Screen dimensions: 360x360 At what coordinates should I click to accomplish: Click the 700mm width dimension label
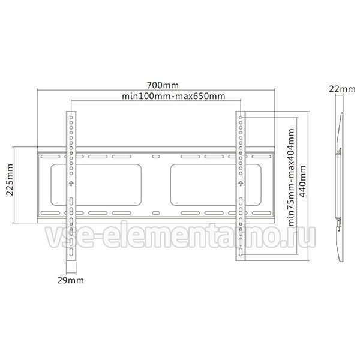163,85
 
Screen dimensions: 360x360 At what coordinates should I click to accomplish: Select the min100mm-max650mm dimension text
173,96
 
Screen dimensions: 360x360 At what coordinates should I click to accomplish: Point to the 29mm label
70,280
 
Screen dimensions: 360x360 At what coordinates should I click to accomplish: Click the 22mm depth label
343,89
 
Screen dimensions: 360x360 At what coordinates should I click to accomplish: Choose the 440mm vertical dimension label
302,181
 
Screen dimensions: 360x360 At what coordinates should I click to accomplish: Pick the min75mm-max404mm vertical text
291,177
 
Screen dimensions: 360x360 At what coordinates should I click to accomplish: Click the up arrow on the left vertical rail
71,184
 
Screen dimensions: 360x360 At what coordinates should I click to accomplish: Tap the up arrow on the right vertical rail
241,184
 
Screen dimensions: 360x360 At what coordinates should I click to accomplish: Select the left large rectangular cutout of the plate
96,185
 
